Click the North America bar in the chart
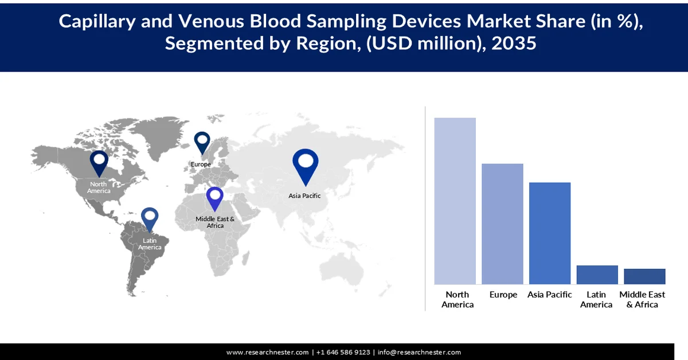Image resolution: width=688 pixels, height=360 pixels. tap(455, 201)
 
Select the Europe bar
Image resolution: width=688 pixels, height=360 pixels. tap(502, 224)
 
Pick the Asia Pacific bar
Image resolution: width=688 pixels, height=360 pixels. tap(549, 233)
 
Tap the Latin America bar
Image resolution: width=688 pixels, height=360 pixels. tap(597, 275)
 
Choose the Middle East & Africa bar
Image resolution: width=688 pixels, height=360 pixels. tap(644, 276)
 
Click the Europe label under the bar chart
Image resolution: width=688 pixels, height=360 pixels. tap(503, 295)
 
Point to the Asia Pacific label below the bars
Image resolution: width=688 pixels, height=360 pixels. tap(550, 295)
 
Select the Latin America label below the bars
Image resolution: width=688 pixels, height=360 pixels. tap(596, 299)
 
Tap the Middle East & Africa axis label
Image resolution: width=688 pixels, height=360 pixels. tap(642, 299)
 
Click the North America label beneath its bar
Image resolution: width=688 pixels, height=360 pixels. tap(458, 299)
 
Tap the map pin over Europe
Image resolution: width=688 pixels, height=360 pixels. tap(202, 142)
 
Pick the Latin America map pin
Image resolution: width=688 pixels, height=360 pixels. tap(150, 220)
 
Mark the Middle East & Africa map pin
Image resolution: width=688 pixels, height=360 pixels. tap(215, 198)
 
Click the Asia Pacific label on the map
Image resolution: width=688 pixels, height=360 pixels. tap(304, 195)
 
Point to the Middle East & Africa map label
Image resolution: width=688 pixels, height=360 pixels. tap(215, 222)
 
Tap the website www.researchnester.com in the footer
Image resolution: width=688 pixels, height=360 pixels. tap(268, 352)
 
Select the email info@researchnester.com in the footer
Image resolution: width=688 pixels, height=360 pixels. tap(419, 352)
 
